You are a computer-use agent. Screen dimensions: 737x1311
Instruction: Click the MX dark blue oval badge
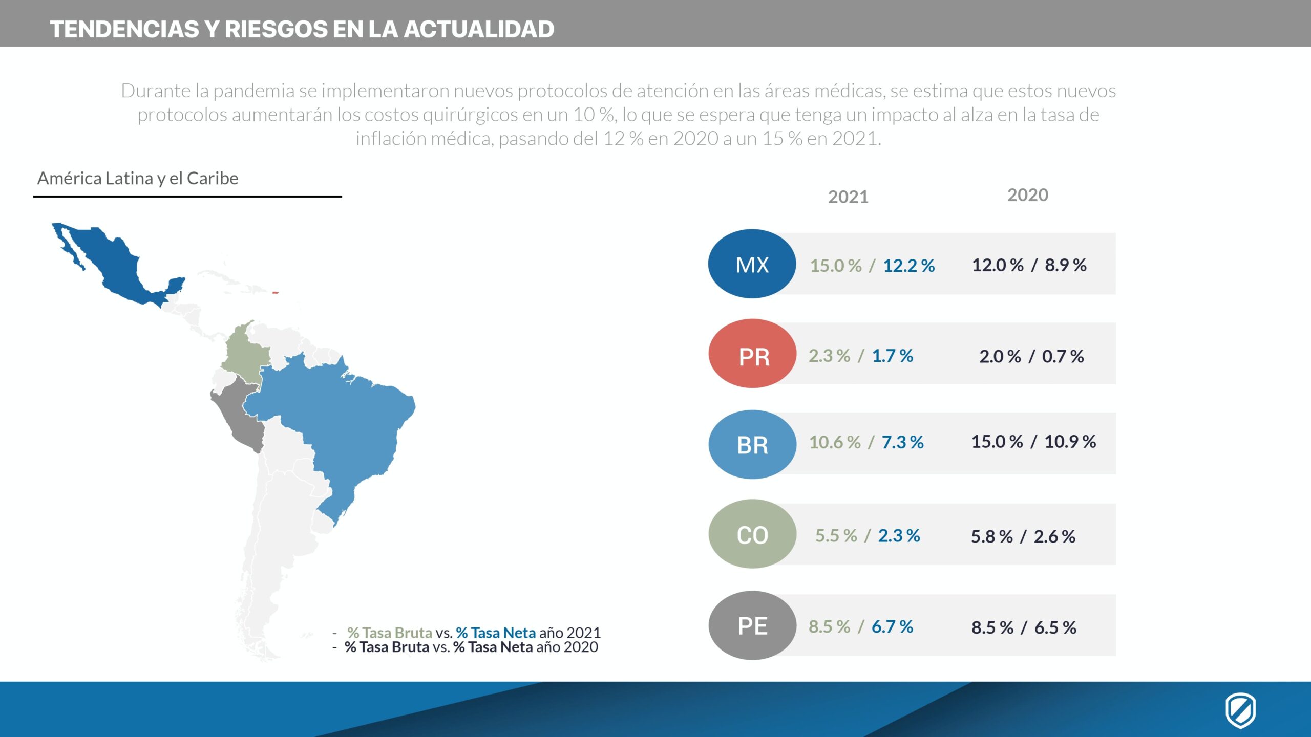[752, 264]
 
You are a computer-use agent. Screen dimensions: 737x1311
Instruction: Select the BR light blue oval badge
[752, 444]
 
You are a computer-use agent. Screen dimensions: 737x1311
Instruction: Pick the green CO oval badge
[752, 534]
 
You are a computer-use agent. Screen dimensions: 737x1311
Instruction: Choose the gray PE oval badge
[752, 625]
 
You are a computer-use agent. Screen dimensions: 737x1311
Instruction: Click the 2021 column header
[848, 197]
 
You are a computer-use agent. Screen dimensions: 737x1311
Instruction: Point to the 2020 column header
[1027, 195]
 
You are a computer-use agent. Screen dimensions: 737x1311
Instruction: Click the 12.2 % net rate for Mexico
[908, 266]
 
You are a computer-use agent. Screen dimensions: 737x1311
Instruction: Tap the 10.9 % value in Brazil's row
[1070, 442]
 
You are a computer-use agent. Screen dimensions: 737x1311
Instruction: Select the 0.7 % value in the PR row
[1063, 356]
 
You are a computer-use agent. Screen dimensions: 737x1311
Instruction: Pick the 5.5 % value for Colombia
[836, 536]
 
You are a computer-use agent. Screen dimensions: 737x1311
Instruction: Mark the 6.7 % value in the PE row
[892, 626]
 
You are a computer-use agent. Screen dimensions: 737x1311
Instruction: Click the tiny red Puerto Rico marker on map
[275, 293]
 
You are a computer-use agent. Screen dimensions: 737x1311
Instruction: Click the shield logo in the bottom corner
[1240, 710]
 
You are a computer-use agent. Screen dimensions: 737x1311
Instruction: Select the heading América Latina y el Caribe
[138, 179]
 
